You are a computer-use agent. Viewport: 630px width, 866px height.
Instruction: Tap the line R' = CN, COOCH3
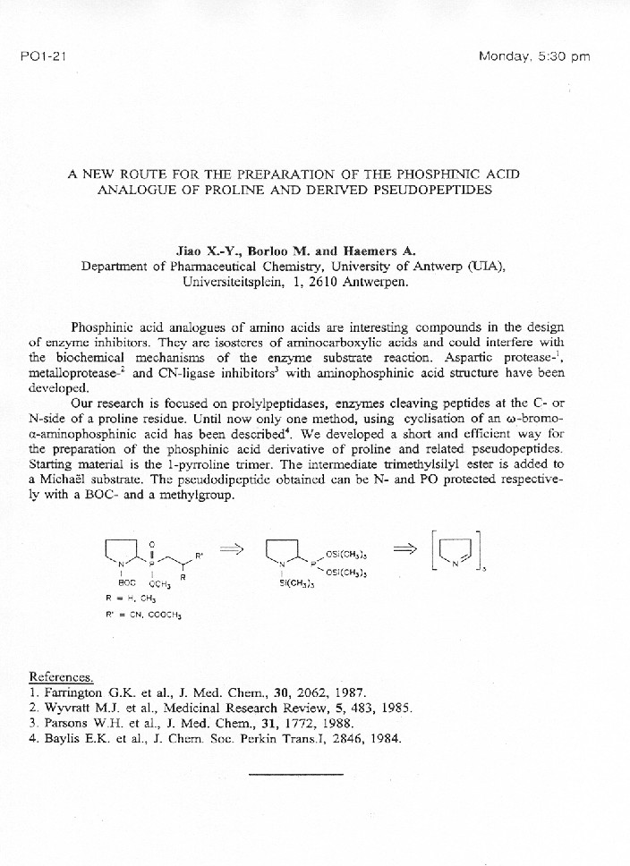(135, 615)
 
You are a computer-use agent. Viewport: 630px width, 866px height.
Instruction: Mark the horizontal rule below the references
(295, 773)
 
